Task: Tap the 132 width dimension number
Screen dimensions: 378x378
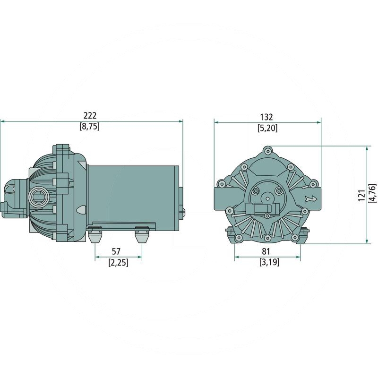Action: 267,117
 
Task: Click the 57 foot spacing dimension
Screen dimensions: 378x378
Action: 118,252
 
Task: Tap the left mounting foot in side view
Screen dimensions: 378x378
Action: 95,233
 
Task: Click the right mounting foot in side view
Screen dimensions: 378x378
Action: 141,233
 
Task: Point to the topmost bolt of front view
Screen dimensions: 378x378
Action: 268,151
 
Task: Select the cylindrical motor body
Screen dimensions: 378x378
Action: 132,194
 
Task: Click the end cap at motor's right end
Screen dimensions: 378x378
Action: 181,198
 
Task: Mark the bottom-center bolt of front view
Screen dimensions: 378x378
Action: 267,237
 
